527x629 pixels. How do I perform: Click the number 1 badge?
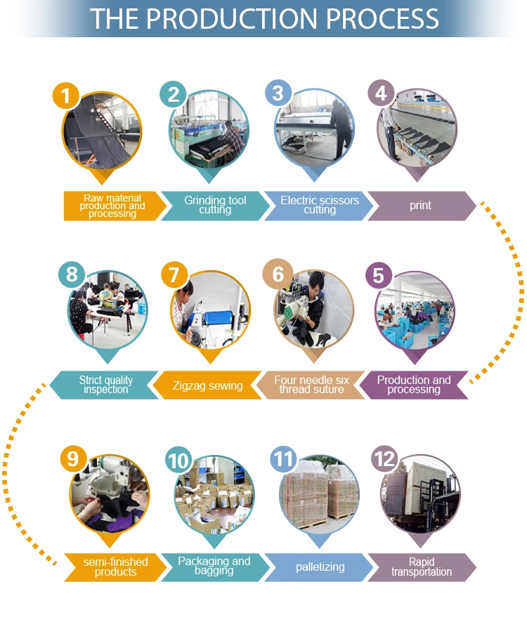[67, 95]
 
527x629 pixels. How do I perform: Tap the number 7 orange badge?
[174, 274]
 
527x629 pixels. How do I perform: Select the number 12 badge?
[384, 460]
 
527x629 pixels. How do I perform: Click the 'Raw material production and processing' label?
[112, 206]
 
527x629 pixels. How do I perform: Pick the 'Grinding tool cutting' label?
[215, 205]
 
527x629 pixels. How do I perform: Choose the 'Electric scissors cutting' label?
[320, 205]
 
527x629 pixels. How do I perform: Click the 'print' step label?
[420, 206]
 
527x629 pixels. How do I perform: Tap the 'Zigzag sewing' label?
[207, 385]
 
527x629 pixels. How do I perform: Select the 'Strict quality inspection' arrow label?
[105, 385]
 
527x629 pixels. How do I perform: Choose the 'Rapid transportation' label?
[422, 567]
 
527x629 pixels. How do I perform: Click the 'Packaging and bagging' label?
[214, 566]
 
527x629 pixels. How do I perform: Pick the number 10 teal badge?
[178, 461]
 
